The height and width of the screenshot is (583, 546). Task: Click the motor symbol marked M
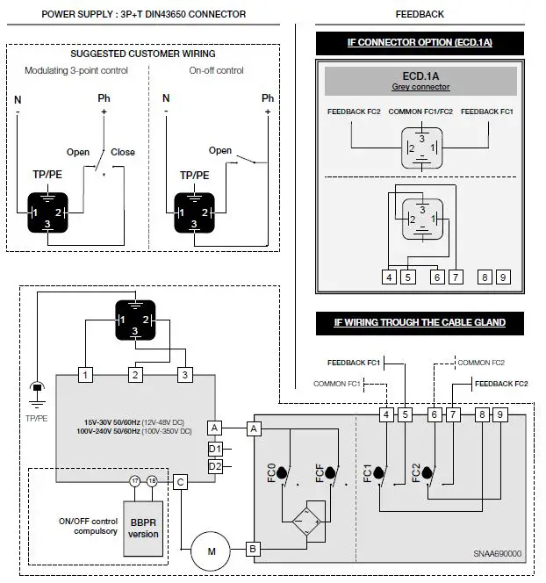210,551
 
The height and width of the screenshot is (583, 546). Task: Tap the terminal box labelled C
180,481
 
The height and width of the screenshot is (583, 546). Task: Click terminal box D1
215,449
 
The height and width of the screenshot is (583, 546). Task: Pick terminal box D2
215,466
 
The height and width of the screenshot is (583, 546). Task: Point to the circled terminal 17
135,481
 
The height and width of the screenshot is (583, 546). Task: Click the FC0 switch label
271,475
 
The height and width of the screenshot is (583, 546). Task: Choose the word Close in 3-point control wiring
123,152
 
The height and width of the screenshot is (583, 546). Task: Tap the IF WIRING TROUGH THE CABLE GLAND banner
420,322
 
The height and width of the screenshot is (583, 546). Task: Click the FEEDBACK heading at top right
419,14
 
